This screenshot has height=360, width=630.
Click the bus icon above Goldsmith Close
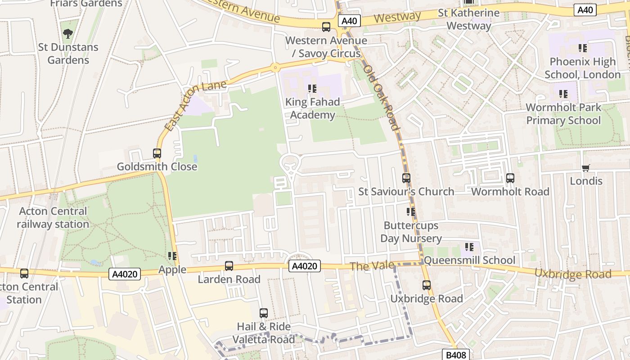pyautogui.click(x=157, y=153)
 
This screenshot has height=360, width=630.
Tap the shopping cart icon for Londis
pyautogui.click(x=585, y=168)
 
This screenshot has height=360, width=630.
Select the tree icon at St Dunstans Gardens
pyautogui.click(x=68, y=33)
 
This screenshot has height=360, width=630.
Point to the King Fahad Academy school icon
pyautogui.click(x=312, y=89)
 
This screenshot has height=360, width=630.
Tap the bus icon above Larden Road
pyautogui.click(x=229, y=266)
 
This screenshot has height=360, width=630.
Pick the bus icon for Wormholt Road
pyautogui.click(x=510, y=178)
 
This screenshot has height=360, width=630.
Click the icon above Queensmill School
pyautogui.click(x=469, y=247)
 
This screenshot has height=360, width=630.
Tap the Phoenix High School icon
pyautogui.click(x=582, y=48)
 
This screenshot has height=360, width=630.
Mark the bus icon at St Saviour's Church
pyautogui.click(x=406, y=178)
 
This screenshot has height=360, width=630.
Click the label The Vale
pyautogui.click(x=372, y=266)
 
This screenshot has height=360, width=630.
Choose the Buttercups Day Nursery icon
pyautogui.click(x=410, y=212)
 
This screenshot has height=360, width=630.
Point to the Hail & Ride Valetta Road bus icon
pyautogui.click(x=264, y=313)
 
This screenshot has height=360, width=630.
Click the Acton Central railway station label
pyautogui.click(x=53, y=217)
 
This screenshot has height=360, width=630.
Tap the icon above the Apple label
pyautogui.click(x=172, y=256)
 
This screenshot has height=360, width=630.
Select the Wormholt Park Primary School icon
pyautogui.click(x=563, y=94)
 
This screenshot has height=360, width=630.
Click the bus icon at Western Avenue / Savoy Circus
pyautogui.click(x=326, y=27)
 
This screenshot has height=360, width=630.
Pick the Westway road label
pyautogui.click(x=397, y=18)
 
